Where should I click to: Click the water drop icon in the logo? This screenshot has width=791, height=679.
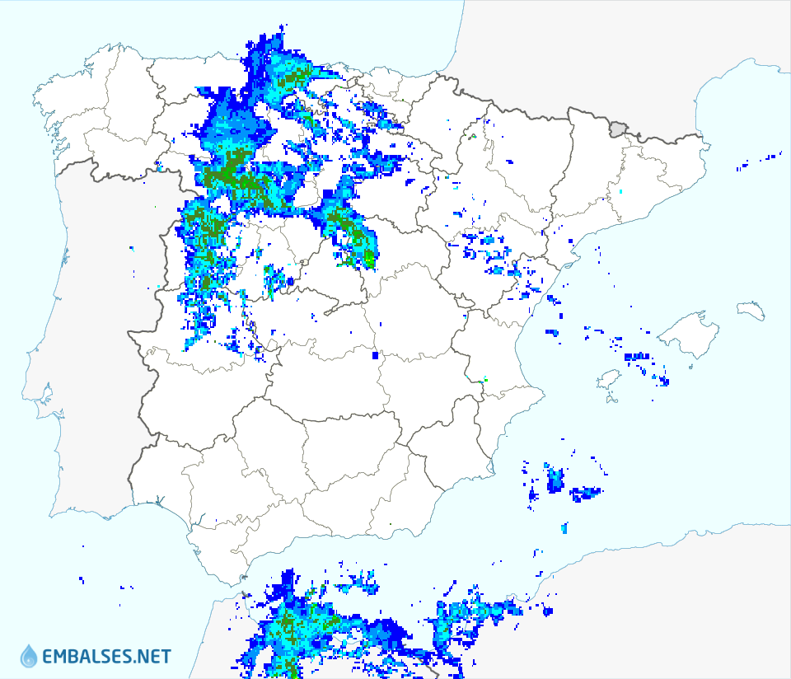29,656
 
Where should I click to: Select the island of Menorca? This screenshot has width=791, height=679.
751,311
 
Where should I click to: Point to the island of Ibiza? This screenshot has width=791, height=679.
608,380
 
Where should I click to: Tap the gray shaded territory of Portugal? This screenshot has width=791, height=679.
91,330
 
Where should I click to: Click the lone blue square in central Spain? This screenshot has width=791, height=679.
375,356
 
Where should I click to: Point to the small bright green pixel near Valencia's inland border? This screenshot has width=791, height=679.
485,379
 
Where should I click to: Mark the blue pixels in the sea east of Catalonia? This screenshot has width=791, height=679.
770,156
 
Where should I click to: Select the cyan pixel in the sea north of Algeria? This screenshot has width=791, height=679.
564,527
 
